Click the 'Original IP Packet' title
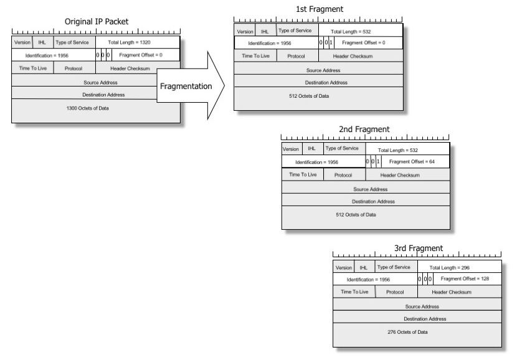point(97,21)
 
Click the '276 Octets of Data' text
point(407,331)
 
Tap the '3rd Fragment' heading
point(419,248)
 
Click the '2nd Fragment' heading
point(364,129)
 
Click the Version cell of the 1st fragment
point(245,31)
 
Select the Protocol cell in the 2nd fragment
point(343,175)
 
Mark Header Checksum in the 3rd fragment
point(452,291)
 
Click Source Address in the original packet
point(100,82)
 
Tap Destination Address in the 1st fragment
point(326,82)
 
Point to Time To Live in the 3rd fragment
point(354,291)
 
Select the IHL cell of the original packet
point(42,42)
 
